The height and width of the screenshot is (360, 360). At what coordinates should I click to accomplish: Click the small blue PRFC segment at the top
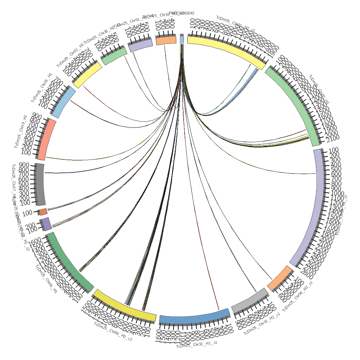tap(182, 40)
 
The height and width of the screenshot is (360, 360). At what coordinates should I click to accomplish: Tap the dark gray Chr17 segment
tap(40, 184)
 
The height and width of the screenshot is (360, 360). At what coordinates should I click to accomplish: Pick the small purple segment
tap(48, 224)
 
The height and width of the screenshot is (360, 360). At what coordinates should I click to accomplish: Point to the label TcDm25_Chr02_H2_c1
tap(236, 23)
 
